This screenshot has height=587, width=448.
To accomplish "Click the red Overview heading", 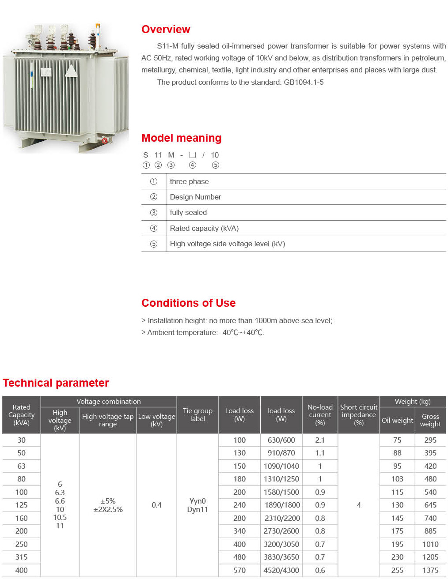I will pos(166,30).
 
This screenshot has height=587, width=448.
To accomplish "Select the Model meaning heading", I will pos(181,138).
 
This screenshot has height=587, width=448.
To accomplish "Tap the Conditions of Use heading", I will pos(188,303).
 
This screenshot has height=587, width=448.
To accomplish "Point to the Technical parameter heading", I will pos(56,383).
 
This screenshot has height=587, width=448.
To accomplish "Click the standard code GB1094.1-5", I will pos(304,83).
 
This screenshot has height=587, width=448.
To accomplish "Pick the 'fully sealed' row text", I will pos(188,213).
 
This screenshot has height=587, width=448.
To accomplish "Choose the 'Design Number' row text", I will pos(195,197).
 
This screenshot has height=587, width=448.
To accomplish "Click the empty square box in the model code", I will pos(193,155).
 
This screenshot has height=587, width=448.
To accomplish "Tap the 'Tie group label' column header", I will pos(197,415).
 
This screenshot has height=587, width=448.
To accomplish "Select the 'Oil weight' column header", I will pos(397,421).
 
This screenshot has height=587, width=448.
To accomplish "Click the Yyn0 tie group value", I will pos(197,501).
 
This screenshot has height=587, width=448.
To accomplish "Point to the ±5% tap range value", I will pos(108,501).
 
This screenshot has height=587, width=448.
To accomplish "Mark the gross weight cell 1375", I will pos(430,570).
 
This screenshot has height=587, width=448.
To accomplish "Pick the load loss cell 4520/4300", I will pos(281,570).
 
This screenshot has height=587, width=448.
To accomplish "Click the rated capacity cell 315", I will pos(21,557).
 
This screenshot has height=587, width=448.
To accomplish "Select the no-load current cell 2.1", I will pos(320,440).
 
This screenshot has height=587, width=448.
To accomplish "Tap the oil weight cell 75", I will pos(397,440).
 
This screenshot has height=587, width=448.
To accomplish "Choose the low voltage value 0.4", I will pos(156,505).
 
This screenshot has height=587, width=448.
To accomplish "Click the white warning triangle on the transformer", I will pos(71,71).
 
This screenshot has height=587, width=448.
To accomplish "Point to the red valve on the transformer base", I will pos(105,141).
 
